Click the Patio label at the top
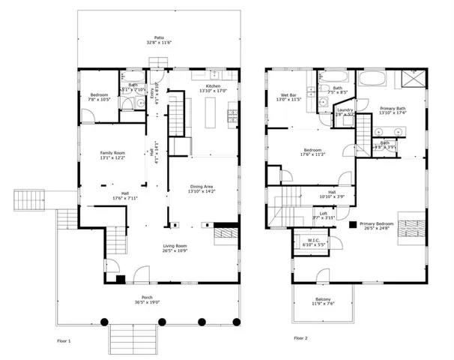point(159,37)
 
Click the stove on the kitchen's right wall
point(233,115)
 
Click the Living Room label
point(175,246)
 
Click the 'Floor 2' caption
point(300,338)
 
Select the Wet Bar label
point(290,94)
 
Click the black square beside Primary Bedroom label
point(353,223)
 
